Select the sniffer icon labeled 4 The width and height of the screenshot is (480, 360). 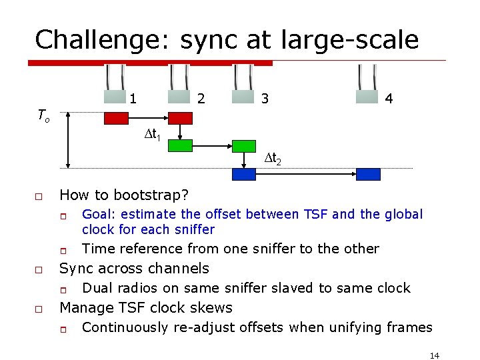click(367, 85)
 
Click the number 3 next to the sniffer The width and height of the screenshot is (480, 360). click(265, 99)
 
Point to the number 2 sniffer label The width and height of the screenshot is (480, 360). click(201, 99)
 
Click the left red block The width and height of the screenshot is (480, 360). click(116, 118)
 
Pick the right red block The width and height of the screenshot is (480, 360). click(180, 118)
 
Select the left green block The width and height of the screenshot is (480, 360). click(180, 145)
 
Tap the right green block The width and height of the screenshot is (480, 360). click(244, 145)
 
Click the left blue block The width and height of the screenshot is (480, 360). click(244, 174)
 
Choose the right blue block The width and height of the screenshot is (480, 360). click(368, 174)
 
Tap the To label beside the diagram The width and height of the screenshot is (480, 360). click(43, 117)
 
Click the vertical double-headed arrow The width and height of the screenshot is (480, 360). click(68, 142)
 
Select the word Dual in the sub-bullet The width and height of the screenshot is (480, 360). click(97, 288)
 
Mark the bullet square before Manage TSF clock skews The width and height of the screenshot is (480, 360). click(39, 309)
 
